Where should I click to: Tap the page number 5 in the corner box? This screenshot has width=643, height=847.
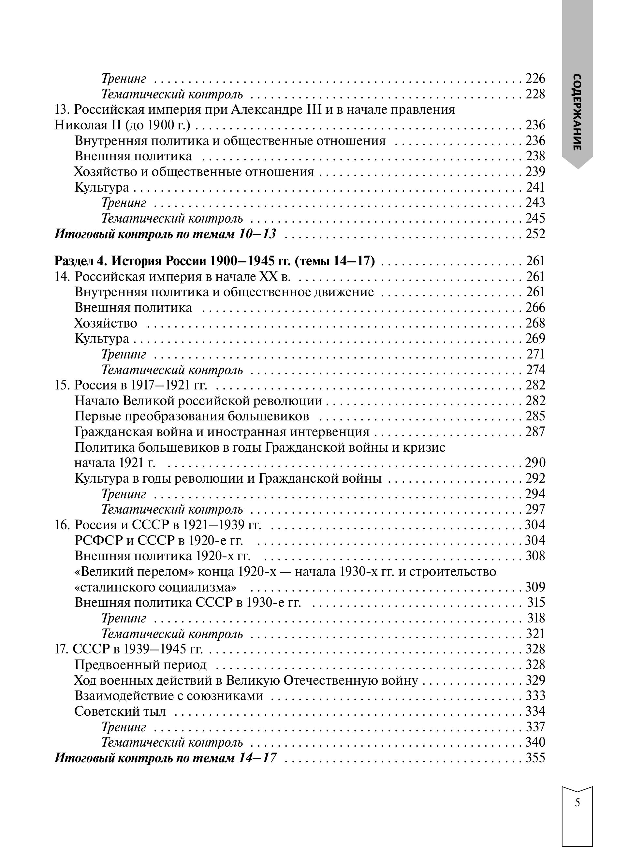click(x=577, y=803)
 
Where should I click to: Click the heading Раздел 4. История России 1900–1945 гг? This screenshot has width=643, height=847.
click(x=214, y=261)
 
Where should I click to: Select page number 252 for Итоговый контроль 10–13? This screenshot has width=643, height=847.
click(x=535, y=234)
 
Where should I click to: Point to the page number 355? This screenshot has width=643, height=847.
click(x=535, y=758)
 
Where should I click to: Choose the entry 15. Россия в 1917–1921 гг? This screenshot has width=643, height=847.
click(x=131, y=385)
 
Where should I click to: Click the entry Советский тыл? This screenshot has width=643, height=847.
click(x=120, y=711)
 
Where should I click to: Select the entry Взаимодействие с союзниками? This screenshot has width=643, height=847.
click(x=168, y=695)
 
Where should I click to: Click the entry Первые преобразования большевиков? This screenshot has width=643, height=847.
click(x=192, y=416)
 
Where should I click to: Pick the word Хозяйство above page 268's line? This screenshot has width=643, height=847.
click(x=105, y=323)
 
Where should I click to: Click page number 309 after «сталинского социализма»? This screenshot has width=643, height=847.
click(x=535, y=587)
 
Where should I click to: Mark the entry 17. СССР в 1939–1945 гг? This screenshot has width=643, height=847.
click(x=129, y=649)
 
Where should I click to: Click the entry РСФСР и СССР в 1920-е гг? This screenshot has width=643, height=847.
click(x=158, y=540)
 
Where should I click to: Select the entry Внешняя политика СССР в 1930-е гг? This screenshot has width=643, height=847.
click(x=188, y=602)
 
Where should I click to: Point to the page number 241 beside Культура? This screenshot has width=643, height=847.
click(x=535, y=187)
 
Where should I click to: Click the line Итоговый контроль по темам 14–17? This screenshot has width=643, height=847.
click(x=165, y=758)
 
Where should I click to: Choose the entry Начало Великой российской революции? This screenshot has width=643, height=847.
click(x=198, y=401)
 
